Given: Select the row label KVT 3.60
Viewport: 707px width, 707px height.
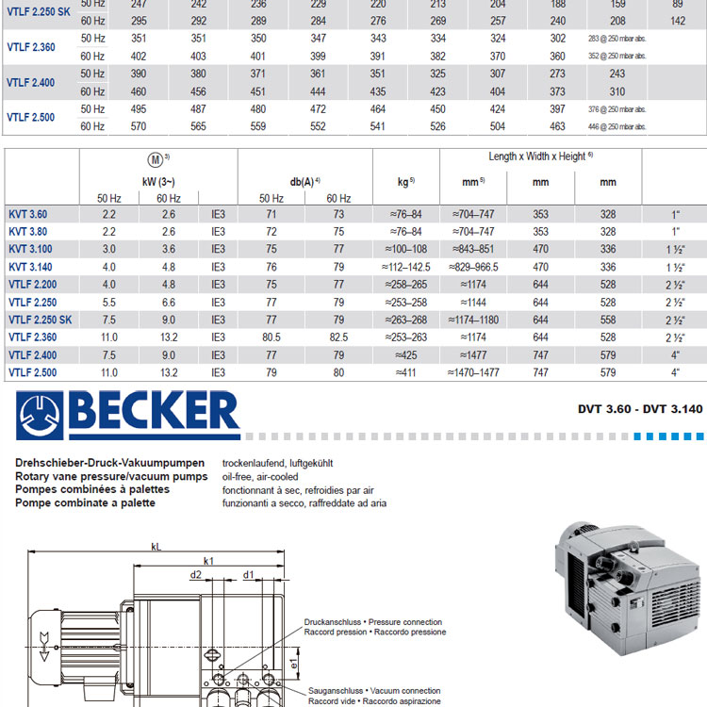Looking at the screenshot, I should tap(27, 215).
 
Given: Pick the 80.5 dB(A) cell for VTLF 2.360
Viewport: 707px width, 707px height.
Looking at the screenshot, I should tap(271, 337).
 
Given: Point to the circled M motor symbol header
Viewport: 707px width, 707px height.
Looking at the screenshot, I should tap(156, 159).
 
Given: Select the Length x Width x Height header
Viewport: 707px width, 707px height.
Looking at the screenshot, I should tap(540, 156).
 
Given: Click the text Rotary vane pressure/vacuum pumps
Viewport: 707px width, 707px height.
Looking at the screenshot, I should tap(110, 477).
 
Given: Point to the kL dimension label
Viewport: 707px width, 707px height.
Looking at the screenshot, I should tap(156, 546).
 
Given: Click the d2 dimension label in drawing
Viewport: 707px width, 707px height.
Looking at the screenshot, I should tap(196, 574).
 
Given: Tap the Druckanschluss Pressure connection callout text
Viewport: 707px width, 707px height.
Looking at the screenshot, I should tap(373, 628).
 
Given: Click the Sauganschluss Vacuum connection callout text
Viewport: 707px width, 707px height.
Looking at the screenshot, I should tap(374, 696).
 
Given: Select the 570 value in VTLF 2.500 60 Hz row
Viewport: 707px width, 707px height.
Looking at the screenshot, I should tap(140, 126).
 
